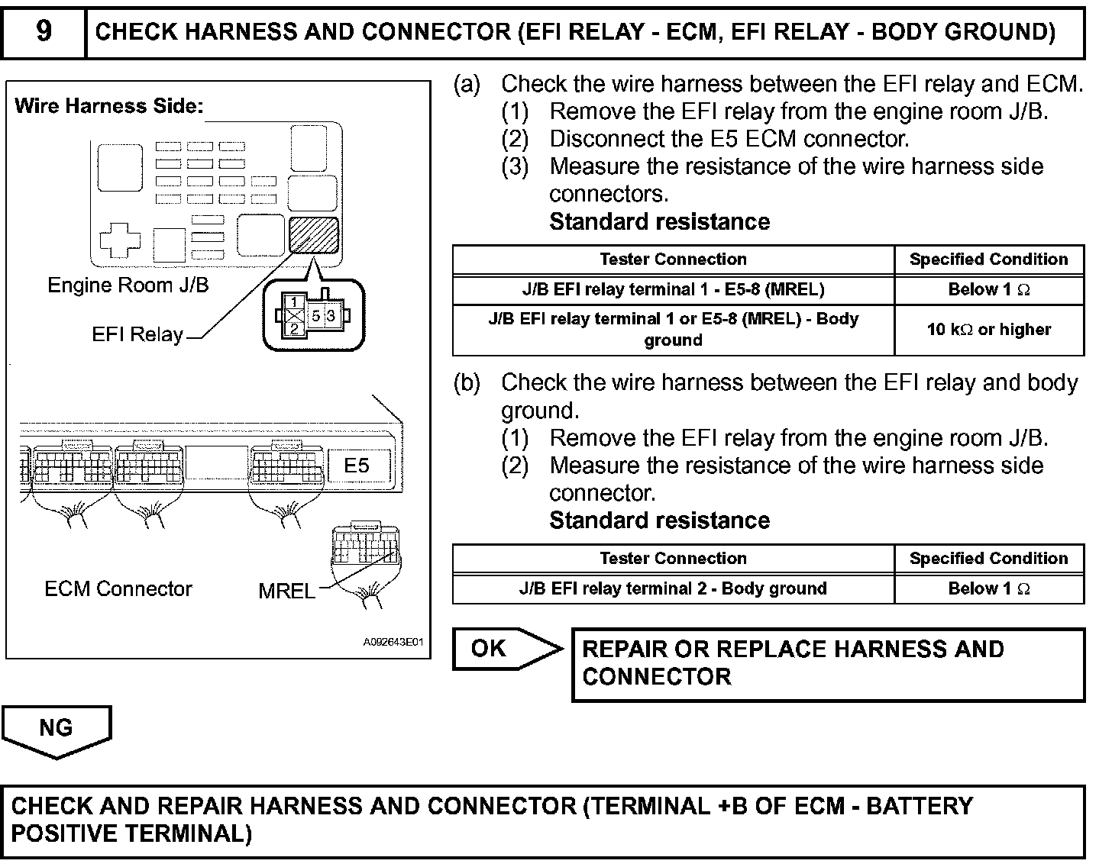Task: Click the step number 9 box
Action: point(44,32)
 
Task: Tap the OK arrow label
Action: point(490,649)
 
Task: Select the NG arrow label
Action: point(56,728)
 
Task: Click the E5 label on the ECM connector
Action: point(356,465)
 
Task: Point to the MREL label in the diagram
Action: point(286,591)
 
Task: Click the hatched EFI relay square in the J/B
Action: point(314,235)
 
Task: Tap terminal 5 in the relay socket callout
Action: point(315,315)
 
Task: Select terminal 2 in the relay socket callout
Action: point(294,329)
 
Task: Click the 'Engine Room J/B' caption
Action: point(128,285)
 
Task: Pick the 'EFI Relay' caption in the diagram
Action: point(137,335)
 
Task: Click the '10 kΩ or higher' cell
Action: point(989,330)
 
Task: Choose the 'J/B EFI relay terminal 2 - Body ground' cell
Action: point(673,588)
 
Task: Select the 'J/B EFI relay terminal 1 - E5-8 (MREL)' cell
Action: point(673,290)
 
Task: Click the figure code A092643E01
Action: point(393,643)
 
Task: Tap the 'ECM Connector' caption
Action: point(118,589)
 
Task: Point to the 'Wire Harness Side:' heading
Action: point(109,106)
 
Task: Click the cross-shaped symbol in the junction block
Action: point(121,240)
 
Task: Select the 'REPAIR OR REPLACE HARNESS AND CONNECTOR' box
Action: point(828,663)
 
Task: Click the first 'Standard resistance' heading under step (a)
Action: point(659,222)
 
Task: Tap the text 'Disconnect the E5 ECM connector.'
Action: point(729,139)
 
